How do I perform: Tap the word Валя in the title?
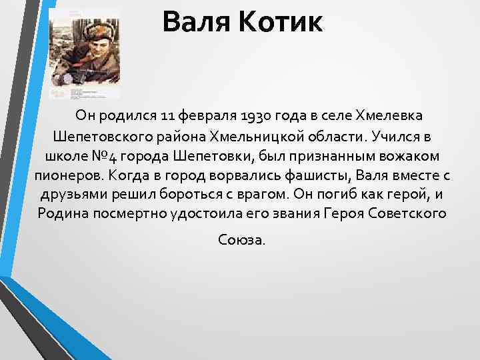(x=195, y=23)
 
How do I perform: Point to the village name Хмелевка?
(x=398, y=117)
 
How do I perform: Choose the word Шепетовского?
(x=98, y=137)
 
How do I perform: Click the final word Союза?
(x=241, y=239)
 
